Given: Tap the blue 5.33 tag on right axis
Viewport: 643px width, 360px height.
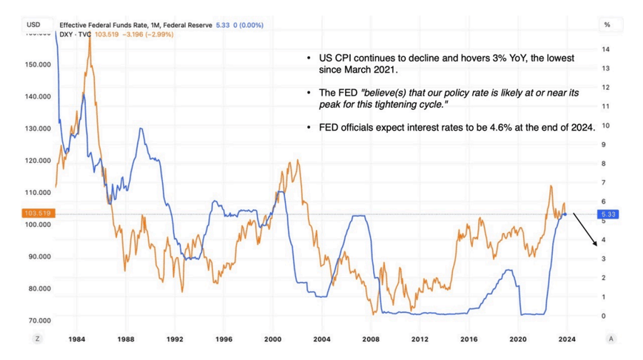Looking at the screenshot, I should point(609,214).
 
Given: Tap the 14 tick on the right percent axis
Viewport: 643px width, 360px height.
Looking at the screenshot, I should point(605,49).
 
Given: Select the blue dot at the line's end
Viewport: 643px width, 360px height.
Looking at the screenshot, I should point(567,214).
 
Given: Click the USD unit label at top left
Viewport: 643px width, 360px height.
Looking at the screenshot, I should point(33,24).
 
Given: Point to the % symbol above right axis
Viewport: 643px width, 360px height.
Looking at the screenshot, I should point(607,24).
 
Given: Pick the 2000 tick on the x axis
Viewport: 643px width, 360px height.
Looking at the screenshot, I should point(273,339).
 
